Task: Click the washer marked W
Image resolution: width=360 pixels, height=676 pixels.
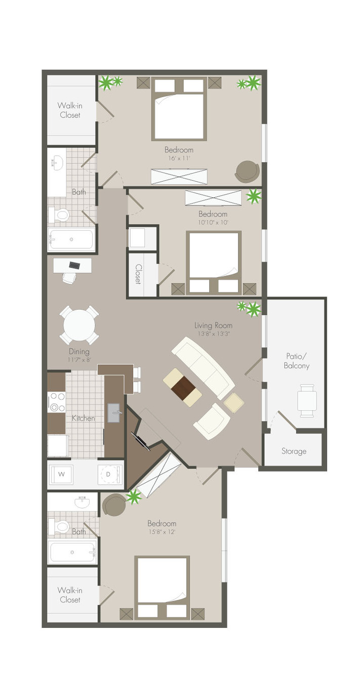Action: pyautogui.click(x=61, y=474)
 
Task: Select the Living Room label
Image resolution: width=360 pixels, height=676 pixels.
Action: pyautogui.click(x=213, y=325)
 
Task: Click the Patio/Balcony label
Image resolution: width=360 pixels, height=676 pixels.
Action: pyautogui.click(x=297, y=361)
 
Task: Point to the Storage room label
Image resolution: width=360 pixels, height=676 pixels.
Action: pyautogui.click(x=294, y=451)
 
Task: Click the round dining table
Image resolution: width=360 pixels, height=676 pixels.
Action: pyautogui.click(x=79, y=325)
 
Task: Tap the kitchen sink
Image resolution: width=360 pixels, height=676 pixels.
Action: pyautogui.click(x=114, y=413)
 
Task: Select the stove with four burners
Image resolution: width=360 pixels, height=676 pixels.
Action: pyautogui.click(x=57, y=402)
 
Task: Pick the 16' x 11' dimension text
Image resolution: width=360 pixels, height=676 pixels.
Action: pyautogui.click(x=179, y=158)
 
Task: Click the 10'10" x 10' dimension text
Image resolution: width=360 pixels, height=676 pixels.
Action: pyautogui.click(x=213, y=223)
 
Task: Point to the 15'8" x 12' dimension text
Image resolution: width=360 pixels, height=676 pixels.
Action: pyautogui.click(x=162, y=532)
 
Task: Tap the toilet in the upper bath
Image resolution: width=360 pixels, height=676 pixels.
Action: pyautogui.click(x=60, y=215)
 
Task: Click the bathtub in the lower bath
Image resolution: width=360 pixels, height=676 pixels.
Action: pyautogui.click(x=72, y=552)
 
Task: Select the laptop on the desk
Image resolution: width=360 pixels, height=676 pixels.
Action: pyautogui.click(x=74, y=265)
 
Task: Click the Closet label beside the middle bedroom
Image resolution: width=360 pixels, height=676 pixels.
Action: pyautogui.click(x=138, y=274)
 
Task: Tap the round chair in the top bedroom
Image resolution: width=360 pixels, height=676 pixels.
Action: pyautogui.click(x=247, y=172)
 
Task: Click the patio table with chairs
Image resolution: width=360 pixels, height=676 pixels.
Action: pyautogui.click(x=307, y=400)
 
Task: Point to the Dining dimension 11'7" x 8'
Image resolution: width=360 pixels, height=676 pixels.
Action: pyautogui.click(x=79, y=360)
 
